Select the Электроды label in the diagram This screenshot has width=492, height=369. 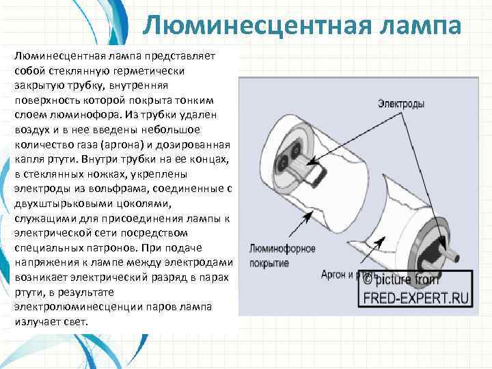click(x=401, y=105)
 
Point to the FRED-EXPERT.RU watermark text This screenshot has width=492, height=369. click(x=416, y=298)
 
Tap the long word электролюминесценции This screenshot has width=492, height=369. click(x=74, y=307)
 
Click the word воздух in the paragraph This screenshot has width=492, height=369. click(x=31, y=130)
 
